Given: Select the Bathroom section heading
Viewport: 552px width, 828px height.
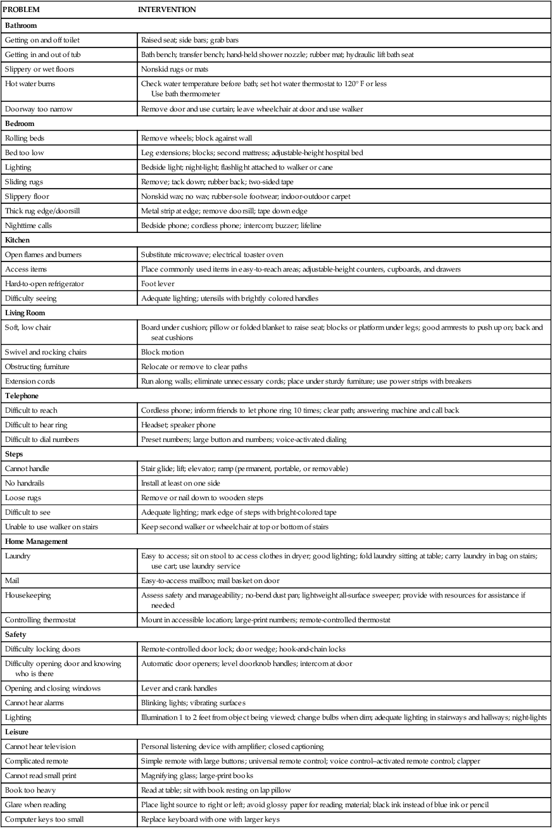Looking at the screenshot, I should [x=20, y=25].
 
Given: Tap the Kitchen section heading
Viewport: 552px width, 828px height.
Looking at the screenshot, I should [x=18, y=240].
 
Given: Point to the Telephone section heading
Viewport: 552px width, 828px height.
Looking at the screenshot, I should [x=22, y=396].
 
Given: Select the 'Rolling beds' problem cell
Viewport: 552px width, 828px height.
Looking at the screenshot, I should [x=25, y=137].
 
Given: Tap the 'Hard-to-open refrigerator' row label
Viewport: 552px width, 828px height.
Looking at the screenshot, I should [x=43, y=284].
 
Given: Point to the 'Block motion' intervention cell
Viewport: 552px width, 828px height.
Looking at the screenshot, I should [x=162, y=351].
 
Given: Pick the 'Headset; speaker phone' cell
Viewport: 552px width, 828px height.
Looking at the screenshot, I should [x=178, y=425].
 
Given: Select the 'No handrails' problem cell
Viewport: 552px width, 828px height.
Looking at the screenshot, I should [x=26, y=483].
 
